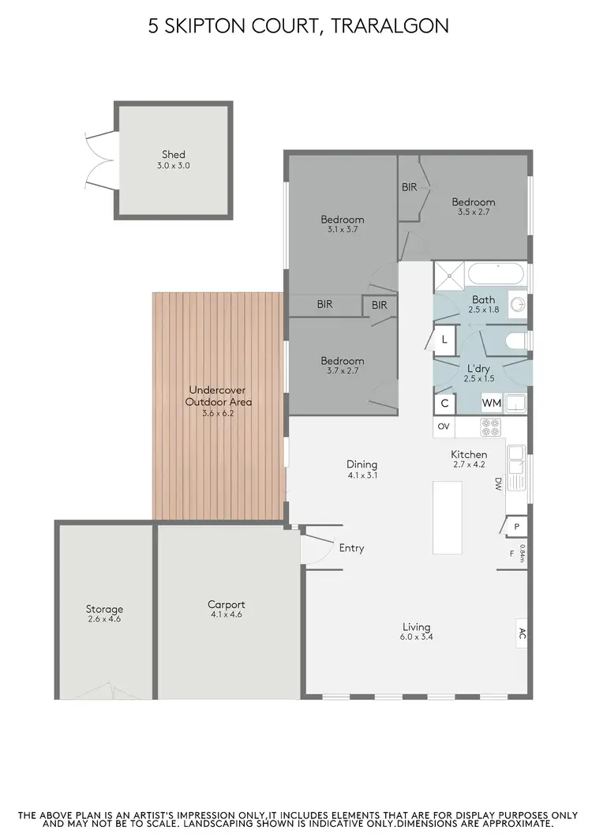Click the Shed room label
[x=174, y=155]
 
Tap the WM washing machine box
[x=492, y=403]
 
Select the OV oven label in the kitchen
[x=444, y=427]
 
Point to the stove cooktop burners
[x=491, y=427]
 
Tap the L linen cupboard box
[x=445, y=340]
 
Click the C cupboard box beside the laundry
[x=444, y=403]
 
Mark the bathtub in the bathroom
[x=496, y=275]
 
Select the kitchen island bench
[x=448, y=517]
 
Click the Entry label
[x=351, y=548]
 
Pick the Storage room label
[x=104, y=609]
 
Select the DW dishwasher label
[x=498, y=483]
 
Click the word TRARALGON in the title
[x=392, y=26]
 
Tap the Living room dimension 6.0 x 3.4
[x=415, y=638]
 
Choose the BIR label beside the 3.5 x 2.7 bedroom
[x=409, y=187]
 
